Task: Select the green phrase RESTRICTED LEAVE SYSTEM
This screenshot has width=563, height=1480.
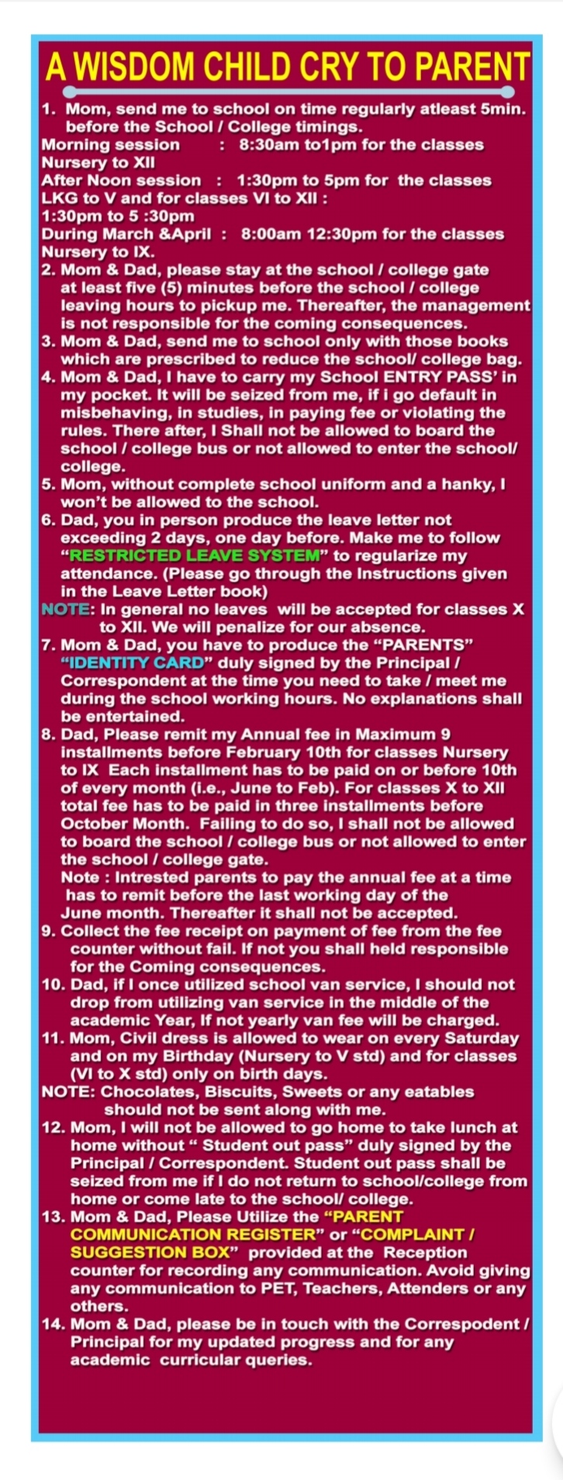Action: (x=194, y=555)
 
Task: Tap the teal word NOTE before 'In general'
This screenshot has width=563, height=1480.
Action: (x=65, y=610)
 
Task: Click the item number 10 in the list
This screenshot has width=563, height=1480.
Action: (x=53, y=985)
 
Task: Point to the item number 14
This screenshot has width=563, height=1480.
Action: (x=53, y=1324)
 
